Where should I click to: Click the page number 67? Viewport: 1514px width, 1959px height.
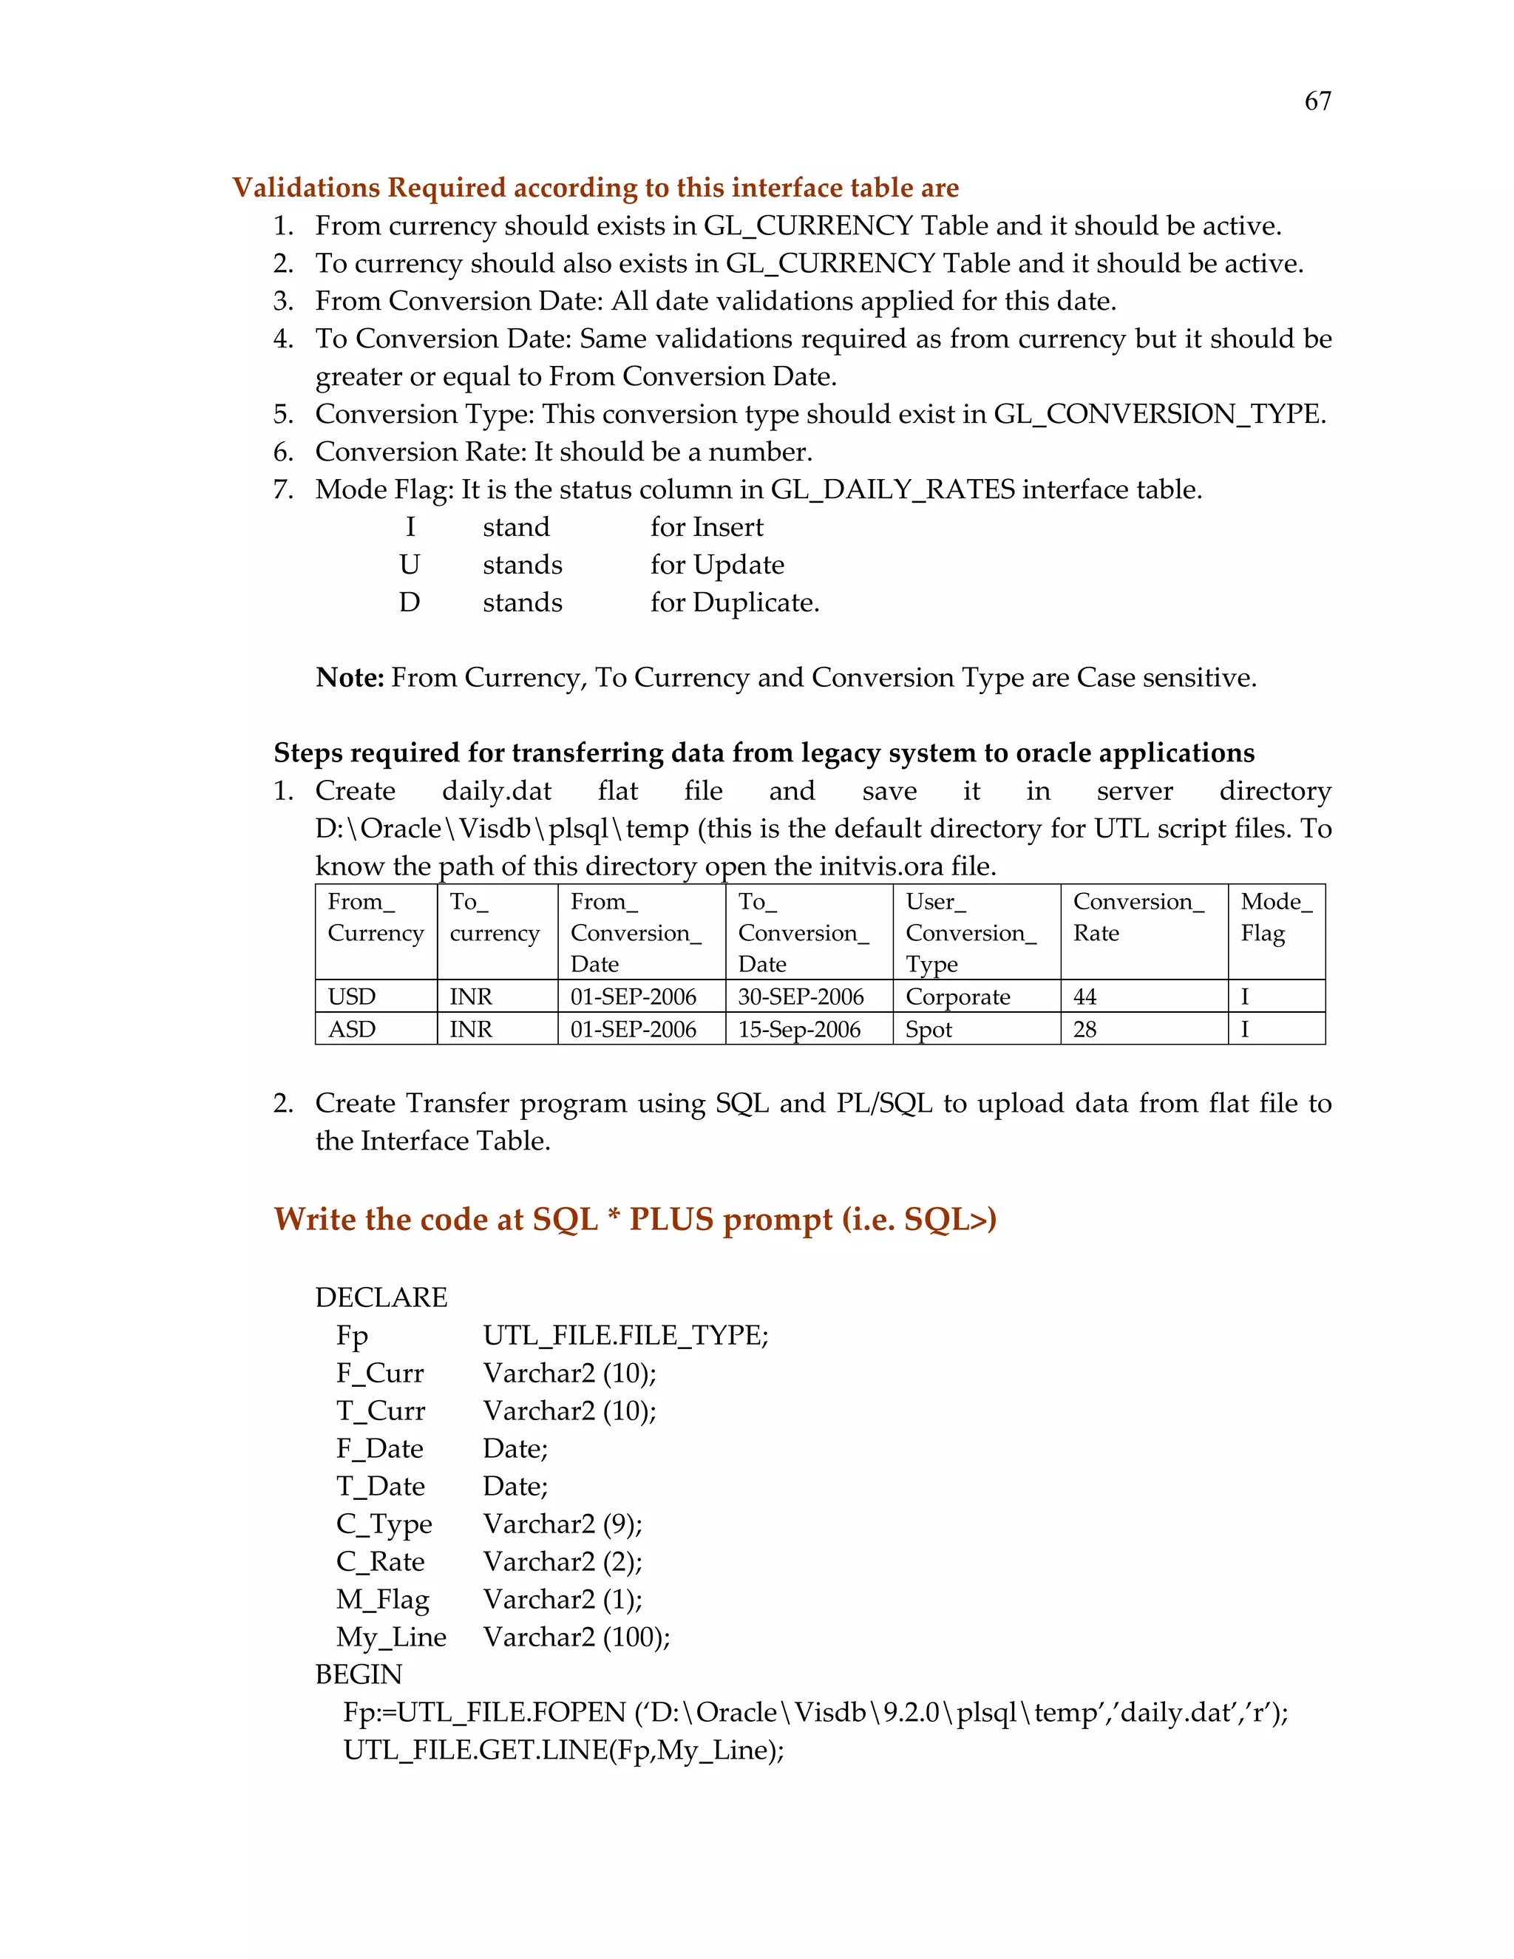coord(1317,101)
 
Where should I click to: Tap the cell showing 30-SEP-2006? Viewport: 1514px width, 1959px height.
coord(800,997)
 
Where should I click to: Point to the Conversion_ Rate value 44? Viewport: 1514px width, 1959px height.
coord(1084,997)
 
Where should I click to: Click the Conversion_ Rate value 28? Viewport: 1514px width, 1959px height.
coord(1084,1029)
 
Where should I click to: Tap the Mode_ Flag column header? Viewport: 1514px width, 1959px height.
coord(1275,917)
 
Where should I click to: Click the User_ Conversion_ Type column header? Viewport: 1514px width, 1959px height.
coord(971,932)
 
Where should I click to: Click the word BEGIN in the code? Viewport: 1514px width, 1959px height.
coord(359,1674)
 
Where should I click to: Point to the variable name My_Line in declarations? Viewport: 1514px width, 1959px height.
coord(391,1636)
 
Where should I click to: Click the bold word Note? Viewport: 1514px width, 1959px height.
coord(350,677)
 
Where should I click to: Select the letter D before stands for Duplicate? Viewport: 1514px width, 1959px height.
coord(409,602)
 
